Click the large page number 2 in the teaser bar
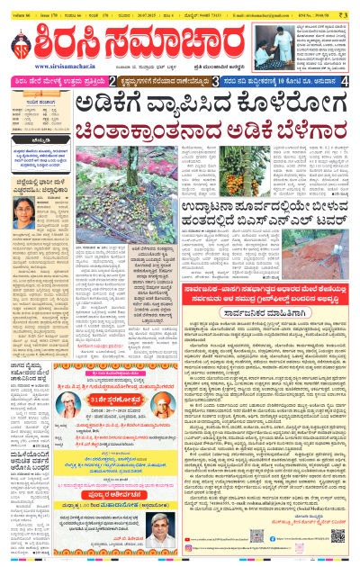click(x=112, y=81)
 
